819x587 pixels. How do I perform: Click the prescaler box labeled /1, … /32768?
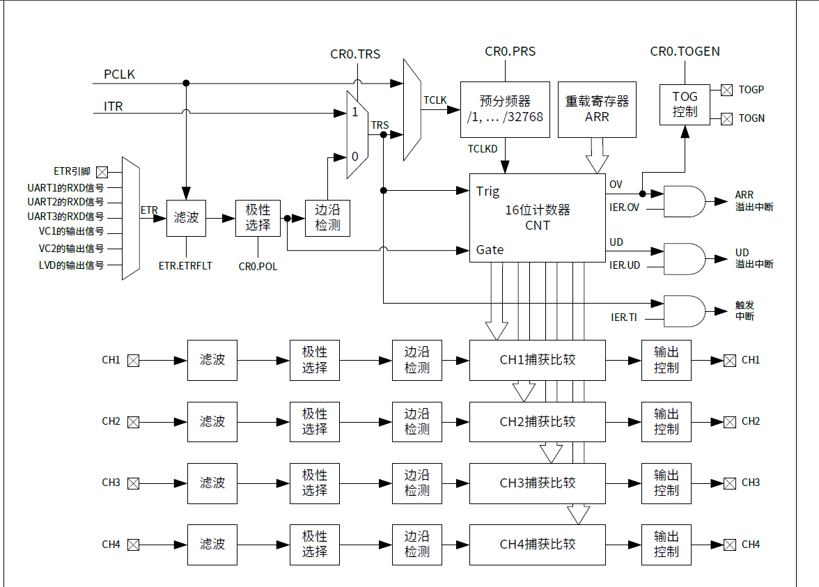tap(505, 110)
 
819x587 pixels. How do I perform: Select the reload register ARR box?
tap(597, 110)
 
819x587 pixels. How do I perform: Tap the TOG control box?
tap(685, 104)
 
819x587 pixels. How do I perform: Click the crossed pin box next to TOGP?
tap(726, 91)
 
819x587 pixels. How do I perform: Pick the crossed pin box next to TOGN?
tap(726, 119)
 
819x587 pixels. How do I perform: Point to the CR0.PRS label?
tap(510, 52)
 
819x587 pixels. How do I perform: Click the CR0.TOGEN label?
tap(685, 52)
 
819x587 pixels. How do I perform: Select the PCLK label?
tap(119, 75)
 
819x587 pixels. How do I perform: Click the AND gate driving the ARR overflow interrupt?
tap(684, 202)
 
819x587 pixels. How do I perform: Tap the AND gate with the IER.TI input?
tap(684, 311)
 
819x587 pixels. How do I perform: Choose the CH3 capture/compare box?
tap(538, 483)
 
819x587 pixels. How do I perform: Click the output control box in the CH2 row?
tap(666, 422)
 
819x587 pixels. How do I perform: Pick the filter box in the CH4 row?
tap(212, 545)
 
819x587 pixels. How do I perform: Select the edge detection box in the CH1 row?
tap(416, 361)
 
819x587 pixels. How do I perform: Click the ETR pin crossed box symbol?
tap(102, 173)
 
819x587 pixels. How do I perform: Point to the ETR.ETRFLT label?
tap(185, 266)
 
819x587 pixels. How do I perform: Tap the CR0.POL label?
tap(258, 267)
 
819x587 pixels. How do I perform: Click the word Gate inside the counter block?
tap(490, 250)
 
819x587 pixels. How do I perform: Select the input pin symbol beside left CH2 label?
tap(134, 423)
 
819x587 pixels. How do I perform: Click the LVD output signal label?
tap(71, 265)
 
